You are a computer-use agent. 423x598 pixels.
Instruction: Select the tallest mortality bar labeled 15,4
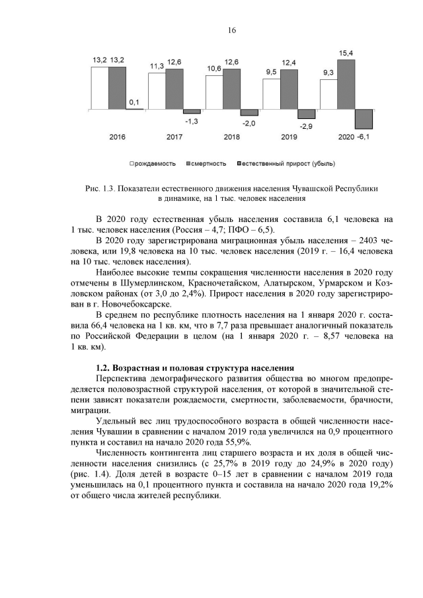pos(364,84)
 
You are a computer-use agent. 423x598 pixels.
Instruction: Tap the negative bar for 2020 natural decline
pos(364,118)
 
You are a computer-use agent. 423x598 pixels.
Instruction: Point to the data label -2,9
pos(305,125)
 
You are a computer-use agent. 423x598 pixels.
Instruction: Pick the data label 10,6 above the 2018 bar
pos(213,68)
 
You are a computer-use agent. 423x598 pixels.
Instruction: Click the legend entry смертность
pos(208,163)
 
